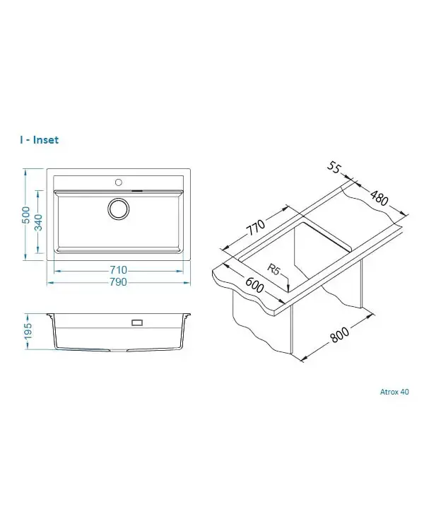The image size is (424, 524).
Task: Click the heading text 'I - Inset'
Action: (x=39, y=140)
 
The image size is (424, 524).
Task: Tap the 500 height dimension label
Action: (x=25, y=214)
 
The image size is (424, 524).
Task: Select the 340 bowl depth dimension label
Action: (x=39, y=222)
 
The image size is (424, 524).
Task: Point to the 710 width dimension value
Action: (x=119, y=269)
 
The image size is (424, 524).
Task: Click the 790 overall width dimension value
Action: (x=119, y=282)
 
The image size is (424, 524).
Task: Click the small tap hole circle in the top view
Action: (x=118, y=182)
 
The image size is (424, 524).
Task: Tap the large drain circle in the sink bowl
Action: (x=118, y=209)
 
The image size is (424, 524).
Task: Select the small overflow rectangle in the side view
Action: (x=137, y=322)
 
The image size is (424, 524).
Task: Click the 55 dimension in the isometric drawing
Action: (x=333, y=167)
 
